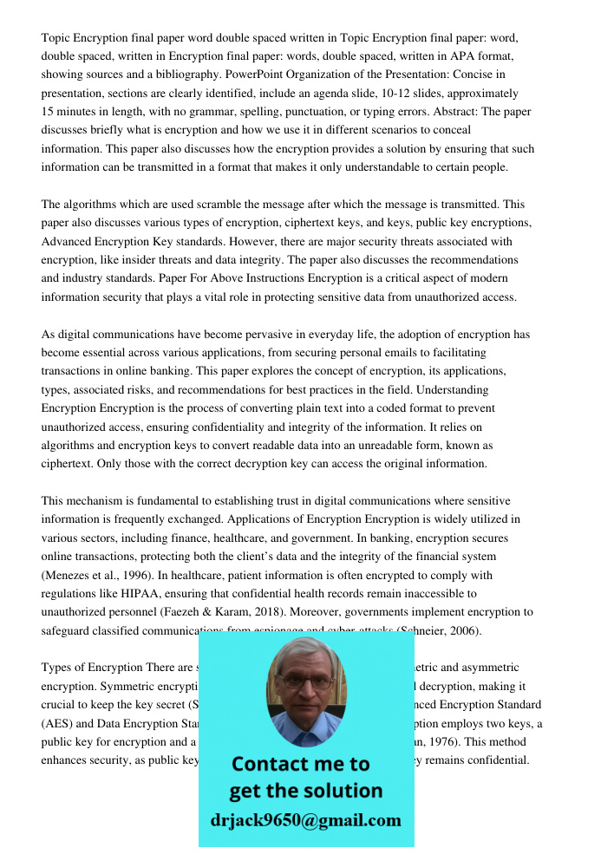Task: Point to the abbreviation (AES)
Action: pos(57,724)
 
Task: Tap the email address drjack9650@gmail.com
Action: pos(305,820)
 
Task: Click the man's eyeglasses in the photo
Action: pos(306,682)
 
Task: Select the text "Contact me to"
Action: pos(300,765)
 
